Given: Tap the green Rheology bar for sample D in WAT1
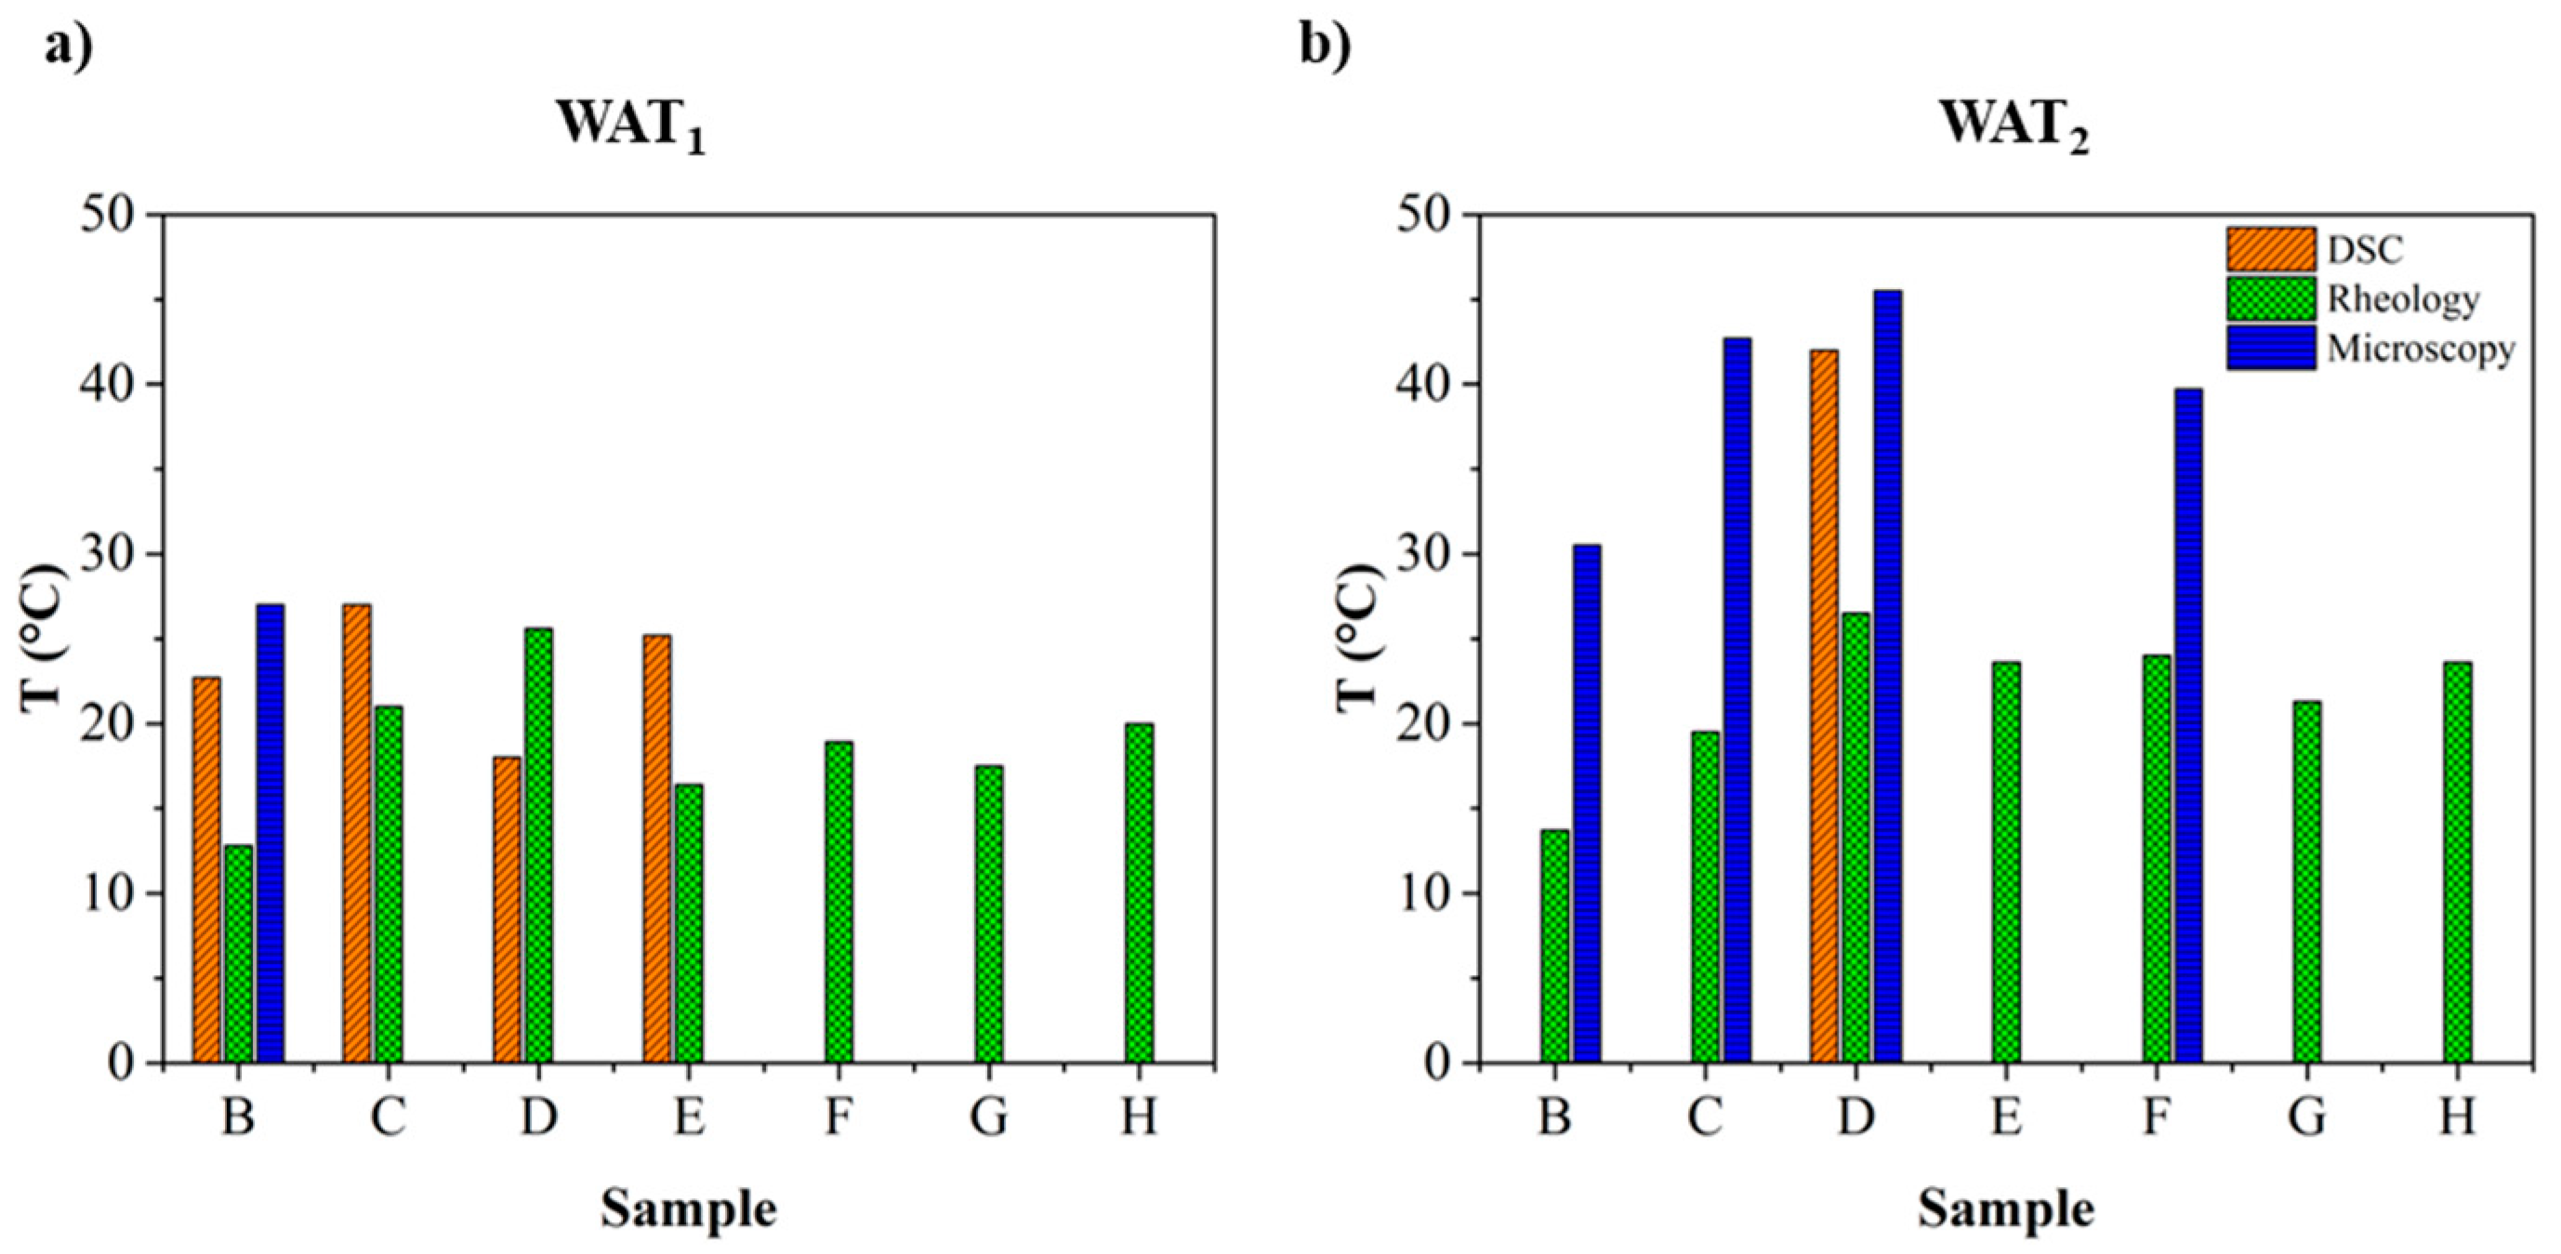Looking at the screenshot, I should pos(538,845).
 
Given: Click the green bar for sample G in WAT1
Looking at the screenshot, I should pos(988,914).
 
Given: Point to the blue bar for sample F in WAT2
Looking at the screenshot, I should pos(2188,726).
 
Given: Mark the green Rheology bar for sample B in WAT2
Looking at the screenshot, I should pos(1555,945).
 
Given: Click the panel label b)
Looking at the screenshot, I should pos(1326,46).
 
